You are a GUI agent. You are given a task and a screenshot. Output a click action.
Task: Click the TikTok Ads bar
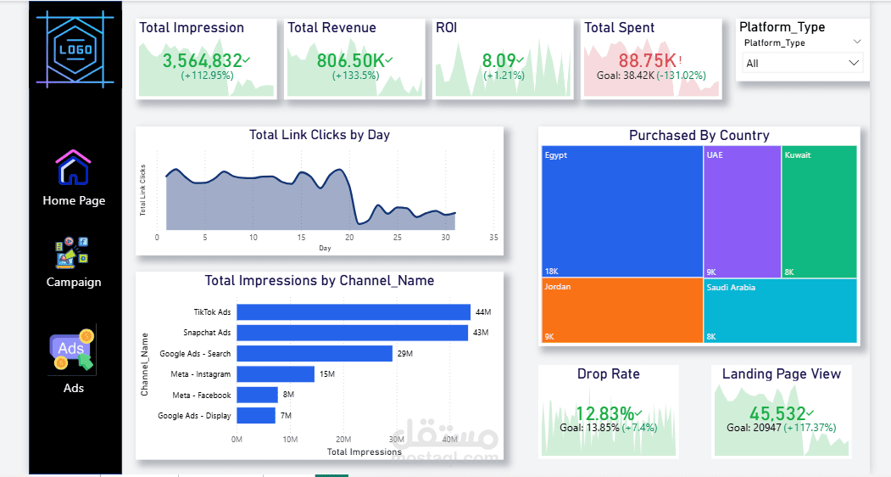pyautogui.click(x=354, y=312)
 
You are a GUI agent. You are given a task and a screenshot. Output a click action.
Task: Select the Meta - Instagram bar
pyautogui.click(x=276, y=374)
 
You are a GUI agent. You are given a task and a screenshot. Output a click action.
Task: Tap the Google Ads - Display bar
pyautogui.click(x=256, y=416)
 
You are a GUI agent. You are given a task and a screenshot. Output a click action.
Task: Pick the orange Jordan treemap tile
pyautogui.click(x=622, y=311)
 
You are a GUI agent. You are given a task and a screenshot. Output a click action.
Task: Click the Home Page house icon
pyautogui.click(x=74, y=167)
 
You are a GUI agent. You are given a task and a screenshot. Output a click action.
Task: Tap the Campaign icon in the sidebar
pyautogui.click(x=74, y=252)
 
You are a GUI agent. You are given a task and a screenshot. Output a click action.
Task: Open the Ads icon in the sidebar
pyautogui.click(x=73, y=350)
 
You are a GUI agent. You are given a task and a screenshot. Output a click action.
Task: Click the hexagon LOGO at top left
pyautogui.click(x=75, y=48)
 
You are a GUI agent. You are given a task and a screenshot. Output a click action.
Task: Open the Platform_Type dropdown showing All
pyautogui.click(x=802, y=63)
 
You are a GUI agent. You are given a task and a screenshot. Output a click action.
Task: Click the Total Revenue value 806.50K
pyautogui.click(x=350, y=60)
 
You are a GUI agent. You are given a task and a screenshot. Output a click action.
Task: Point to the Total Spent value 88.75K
pyautogui.click(x=647, y=60)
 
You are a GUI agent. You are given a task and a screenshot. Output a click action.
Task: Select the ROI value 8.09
pyautogui.click(x=498, y=60)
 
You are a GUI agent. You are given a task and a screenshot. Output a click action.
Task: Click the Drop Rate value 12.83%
pyautogui.click(x=604, y=413)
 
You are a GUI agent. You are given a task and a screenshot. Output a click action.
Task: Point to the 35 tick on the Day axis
pyautogui.click(x=493, y=238)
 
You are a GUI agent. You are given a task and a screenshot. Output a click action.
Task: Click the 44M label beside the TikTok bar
pyautogui.click(x=483, y=312)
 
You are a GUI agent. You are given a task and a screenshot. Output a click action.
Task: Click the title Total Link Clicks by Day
pyautogui.click(x=320, y=135)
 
